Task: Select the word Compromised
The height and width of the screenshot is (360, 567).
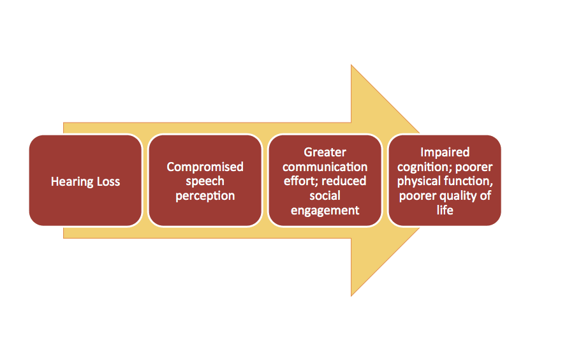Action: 205,167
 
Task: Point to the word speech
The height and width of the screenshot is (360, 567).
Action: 205,181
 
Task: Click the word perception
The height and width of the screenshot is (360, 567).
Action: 205,196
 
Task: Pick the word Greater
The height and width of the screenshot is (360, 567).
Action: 325,153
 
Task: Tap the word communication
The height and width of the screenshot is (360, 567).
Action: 325,167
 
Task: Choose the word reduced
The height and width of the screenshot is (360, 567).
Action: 344,181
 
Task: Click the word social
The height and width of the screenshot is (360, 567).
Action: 325,196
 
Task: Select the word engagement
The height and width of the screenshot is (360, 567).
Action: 325,211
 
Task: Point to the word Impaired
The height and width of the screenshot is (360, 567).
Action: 445,153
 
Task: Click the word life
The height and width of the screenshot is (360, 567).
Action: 445,210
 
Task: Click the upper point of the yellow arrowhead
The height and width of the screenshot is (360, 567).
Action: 351,65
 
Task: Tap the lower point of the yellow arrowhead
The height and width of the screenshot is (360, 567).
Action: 351,296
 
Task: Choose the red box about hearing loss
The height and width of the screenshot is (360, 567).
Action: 85,181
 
